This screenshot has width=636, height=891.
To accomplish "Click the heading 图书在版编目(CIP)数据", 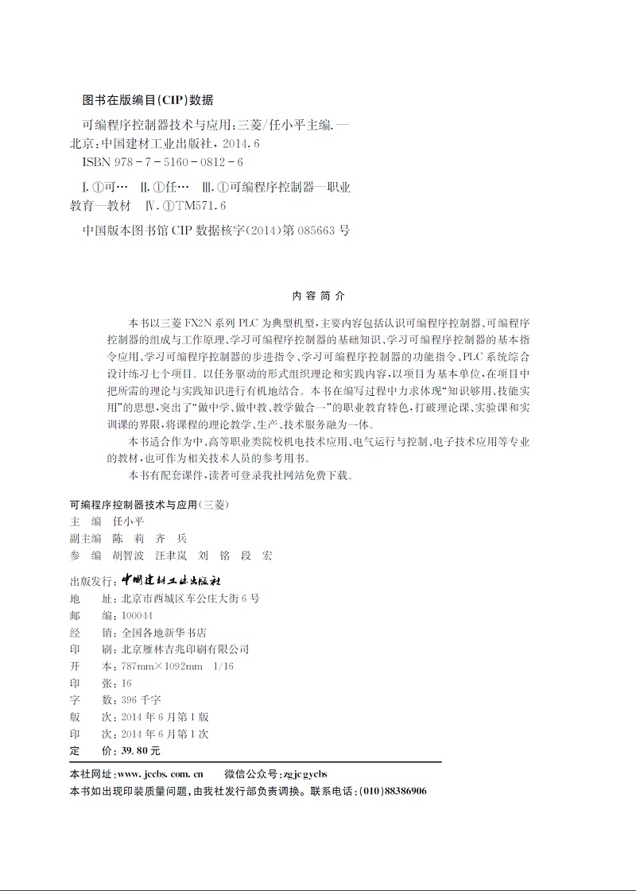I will click(148, 101).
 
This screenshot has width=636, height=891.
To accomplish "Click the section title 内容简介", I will click(320, 295).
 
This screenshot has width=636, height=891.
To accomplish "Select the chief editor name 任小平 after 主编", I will click(128, 521).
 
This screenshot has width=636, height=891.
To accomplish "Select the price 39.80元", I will click(139, 751).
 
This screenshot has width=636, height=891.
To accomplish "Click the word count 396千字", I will click(138, 700).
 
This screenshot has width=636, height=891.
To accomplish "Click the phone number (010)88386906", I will click(393, 792).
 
